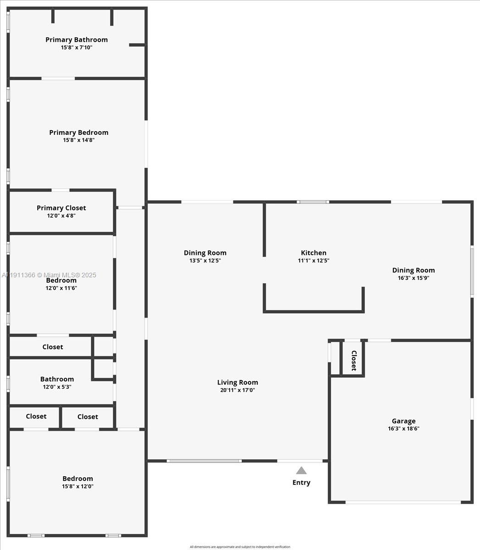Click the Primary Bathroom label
pyautogui.click(x=77, y=40)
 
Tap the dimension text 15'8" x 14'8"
pyautogui.click(x=79, y=140)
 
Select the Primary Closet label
pyautogui.click(x=61, y=208)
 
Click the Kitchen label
pyautogui.click(x=314, y=253)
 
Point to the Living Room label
pyautogui.click(x=237, y=383)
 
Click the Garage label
pyautogui.click(x=403, y=421)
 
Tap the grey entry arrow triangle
pyautogui.click(x=301, y=470)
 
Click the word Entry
pyautogui.click(x=301, y=483)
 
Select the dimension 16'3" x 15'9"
pyautogui.click(x=413, y=278)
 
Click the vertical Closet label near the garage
pyautogui.click(x=353, y=361)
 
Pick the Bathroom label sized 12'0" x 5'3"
pyautogui.click(x=57, y=379)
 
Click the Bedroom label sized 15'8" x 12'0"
pyautogui.click(x=77, y=478)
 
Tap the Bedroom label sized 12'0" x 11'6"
pyautogui.click(x=61, y=280)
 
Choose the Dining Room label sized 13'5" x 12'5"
pyautogui.click(x=205, y=253)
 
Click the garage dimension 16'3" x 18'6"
pyautogui.click(x=403, y=429)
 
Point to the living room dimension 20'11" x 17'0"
pyautogui.click(x=237, y=390)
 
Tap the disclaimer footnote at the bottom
pyautogui.click(x=240, y=547)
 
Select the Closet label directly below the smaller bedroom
pyautogui.click(x=53, y=347)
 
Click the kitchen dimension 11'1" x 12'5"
pyautogui.click(x=314, y=261)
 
